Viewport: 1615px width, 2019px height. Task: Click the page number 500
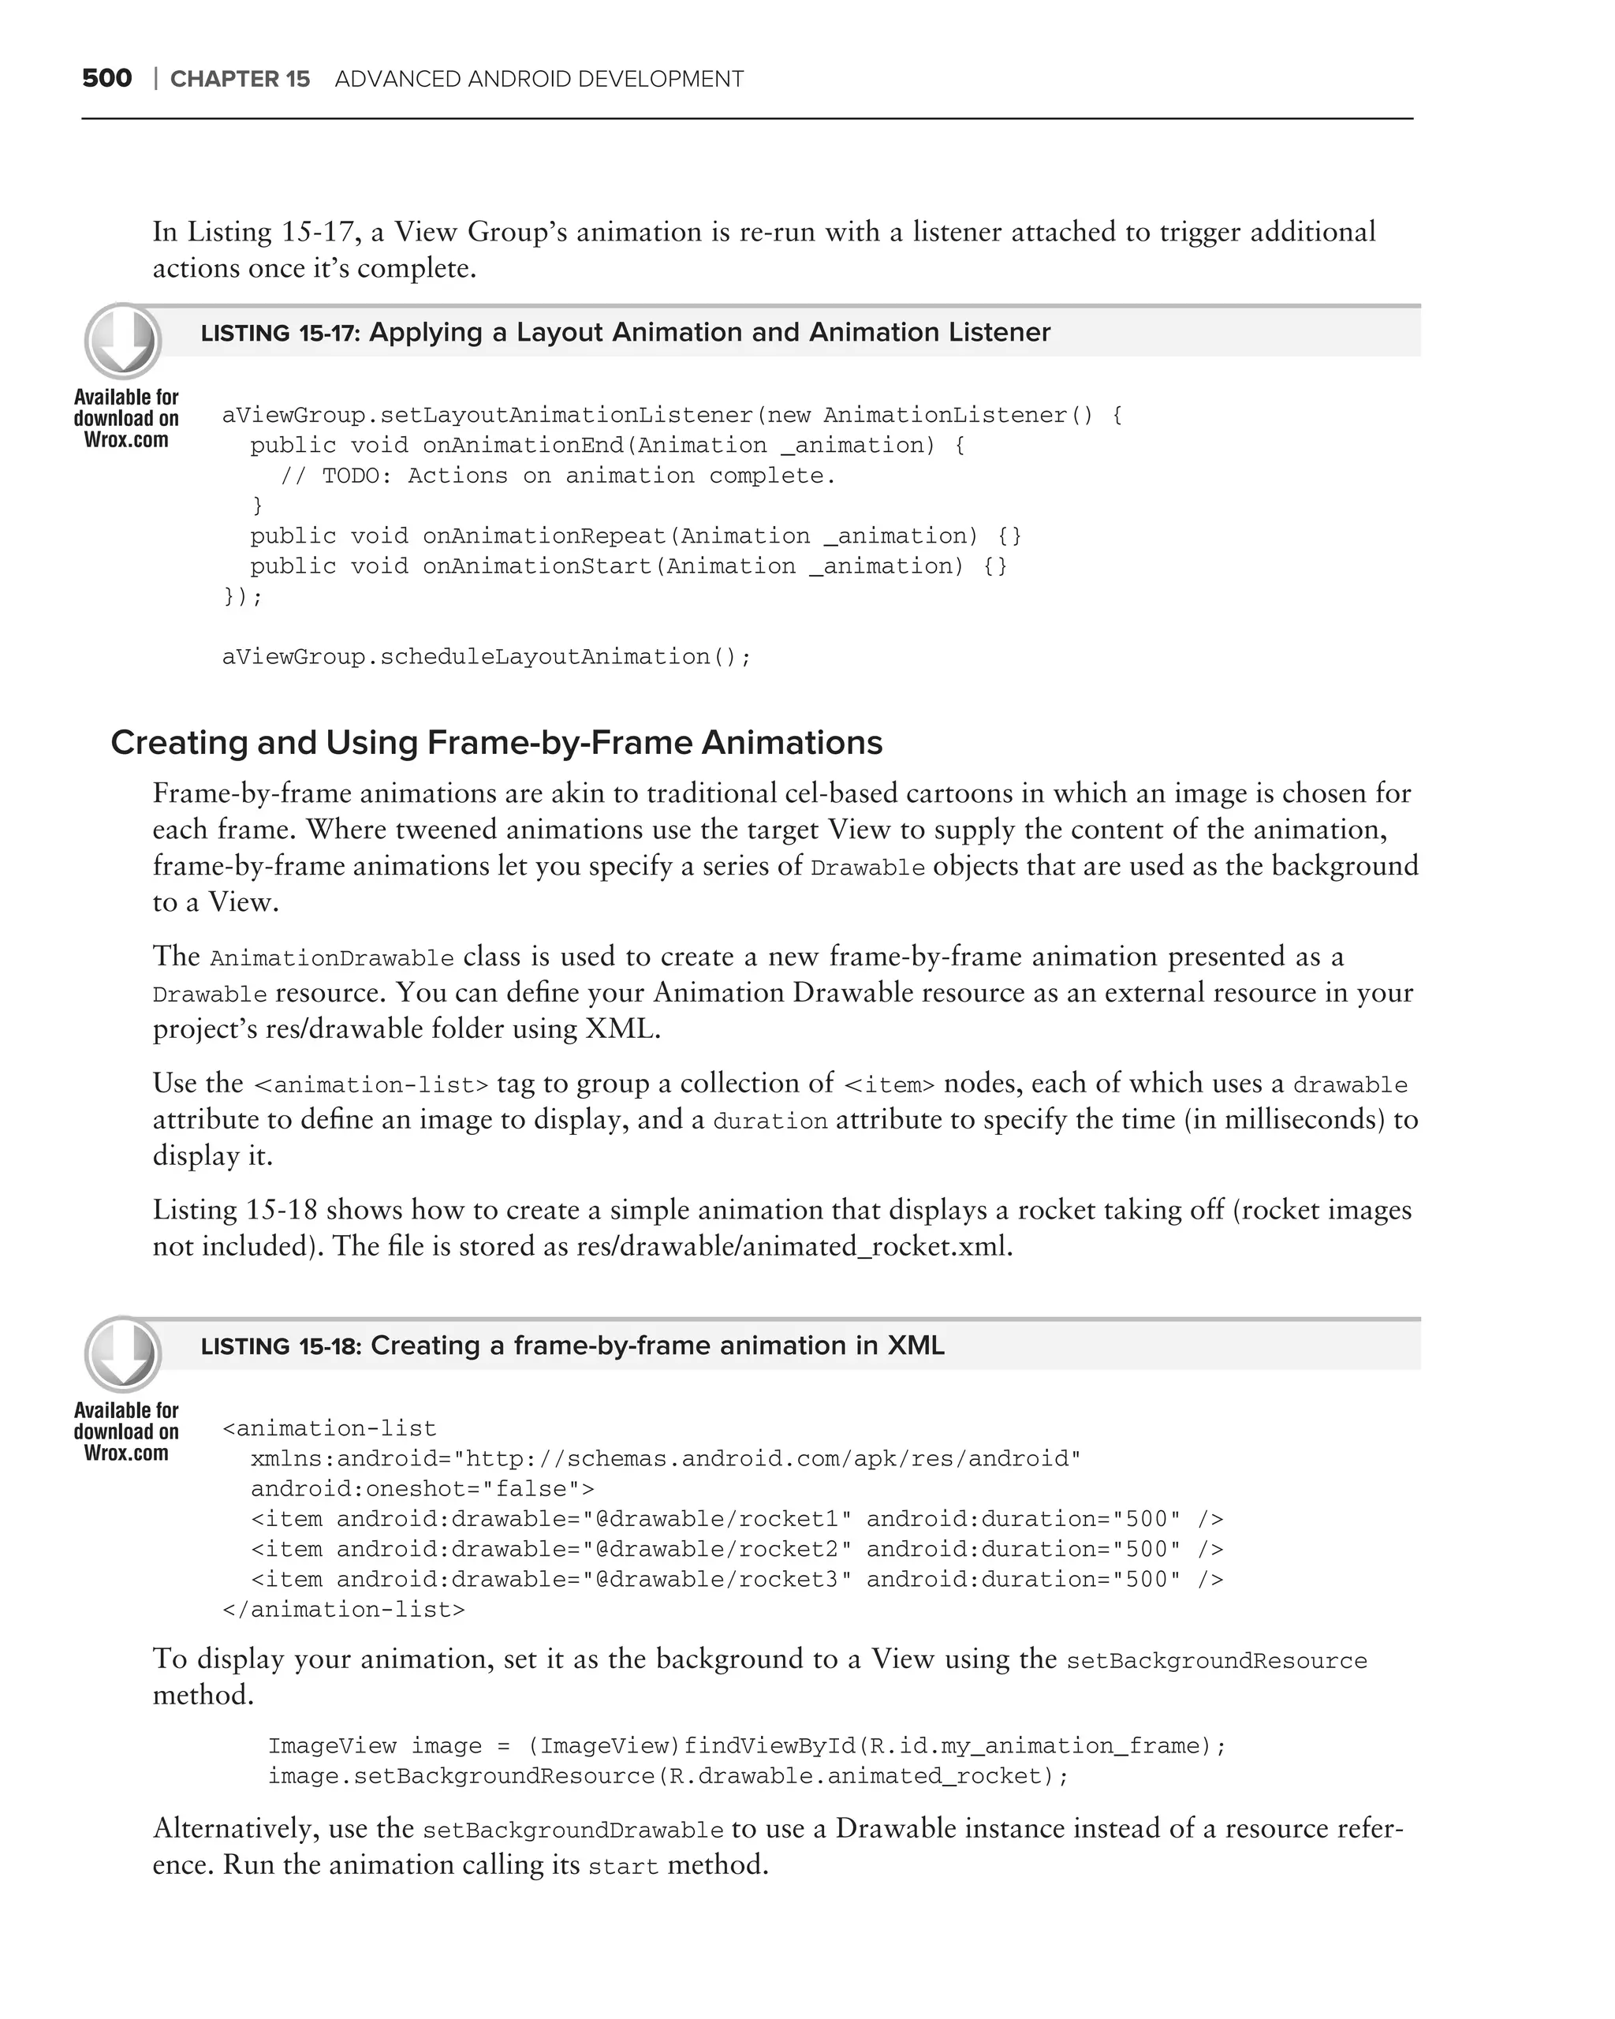pos(106,79)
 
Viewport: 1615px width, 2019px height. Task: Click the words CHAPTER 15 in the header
pos(240,80)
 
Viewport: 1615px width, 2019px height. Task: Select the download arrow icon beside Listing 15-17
pos(123,341)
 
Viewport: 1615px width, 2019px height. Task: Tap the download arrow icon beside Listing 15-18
pos(123,1354)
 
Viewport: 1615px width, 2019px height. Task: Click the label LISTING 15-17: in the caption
pos(281,334)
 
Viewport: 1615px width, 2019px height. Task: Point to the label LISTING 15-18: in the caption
pos(281,1346)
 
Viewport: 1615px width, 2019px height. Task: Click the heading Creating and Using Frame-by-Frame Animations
pos(496,743)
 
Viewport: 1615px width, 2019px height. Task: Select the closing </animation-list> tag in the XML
pos(343,1610)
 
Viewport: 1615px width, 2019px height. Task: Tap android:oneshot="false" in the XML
pos(421,1489)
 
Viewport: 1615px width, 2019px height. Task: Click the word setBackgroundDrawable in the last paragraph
pos(573,1831)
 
